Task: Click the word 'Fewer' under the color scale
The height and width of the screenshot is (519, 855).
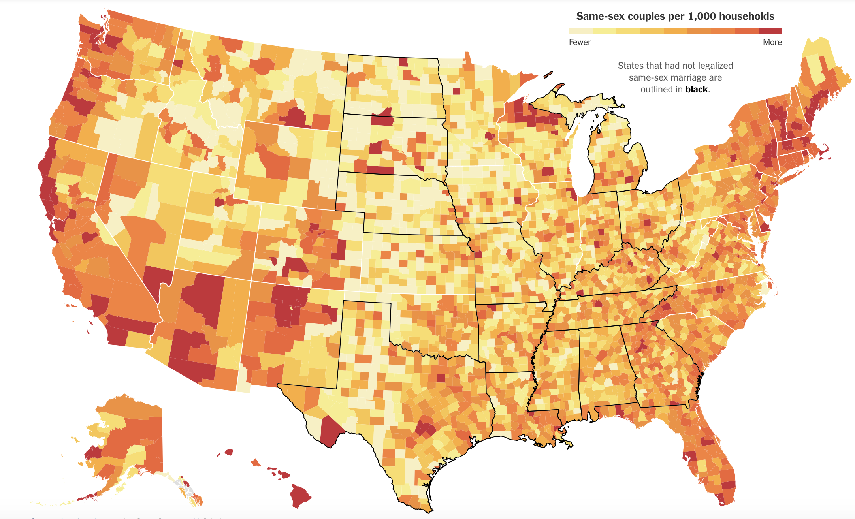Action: [x=580, y=42]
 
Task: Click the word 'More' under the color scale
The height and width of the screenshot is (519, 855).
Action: [x=772, y=42]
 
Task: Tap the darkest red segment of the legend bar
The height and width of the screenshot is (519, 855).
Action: [x=770, y=31]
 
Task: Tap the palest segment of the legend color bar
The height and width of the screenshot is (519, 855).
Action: [x=580, y=31]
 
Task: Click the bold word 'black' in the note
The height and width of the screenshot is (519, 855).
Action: [x=696, y=89]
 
